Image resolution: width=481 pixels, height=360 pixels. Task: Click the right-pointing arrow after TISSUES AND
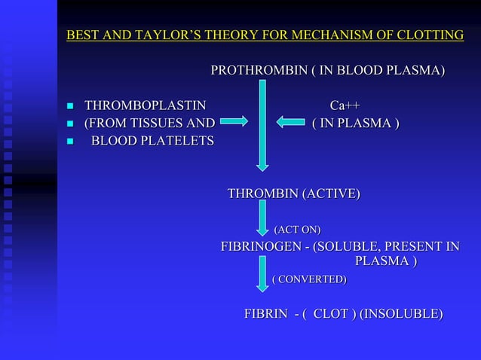[234, 121]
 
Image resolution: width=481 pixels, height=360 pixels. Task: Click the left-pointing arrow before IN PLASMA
[290, 121]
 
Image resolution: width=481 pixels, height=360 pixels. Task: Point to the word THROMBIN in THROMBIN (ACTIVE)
[263, 194]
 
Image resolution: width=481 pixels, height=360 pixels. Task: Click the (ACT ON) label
[296, 229]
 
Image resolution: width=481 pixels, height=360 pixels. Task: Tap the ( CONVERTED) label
[309, 279]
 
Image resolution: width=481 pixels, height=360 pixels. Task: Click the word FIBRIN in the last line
[265, 314]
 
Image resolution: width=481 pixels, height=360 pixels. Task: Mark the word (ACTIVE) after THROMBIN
[330, 194]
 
